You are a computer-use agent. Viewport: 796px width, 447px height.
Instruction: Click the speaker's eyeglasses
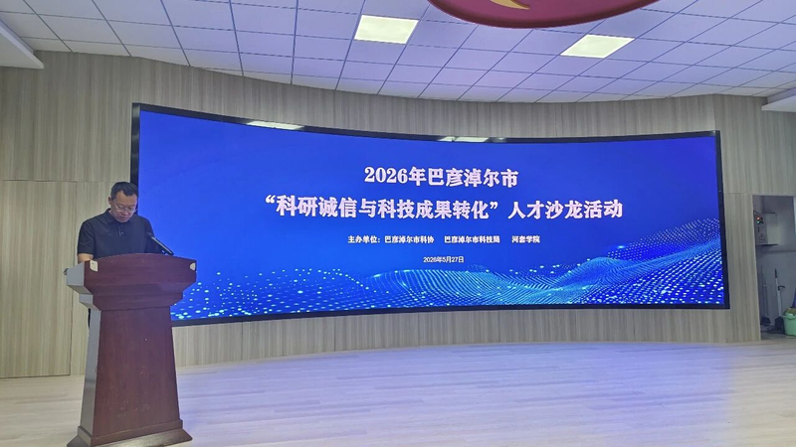[x=125, y=208]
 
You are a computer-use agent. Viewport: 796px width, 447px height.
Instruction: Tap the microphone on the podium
[x=160, y=243]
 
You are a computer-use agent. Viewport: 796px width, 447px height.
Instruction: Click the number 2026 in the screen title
[x=386, y=176]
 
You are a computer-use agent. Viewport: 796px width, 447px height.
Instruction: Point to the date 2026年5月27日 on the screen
[x=444, y=259]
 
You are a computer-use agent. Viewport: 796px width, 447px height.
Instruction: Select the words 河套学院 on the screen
[x=525, y=239]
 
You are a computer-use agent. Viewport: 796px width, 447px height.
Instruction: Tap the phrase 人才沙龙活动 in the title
[x=565, y=210]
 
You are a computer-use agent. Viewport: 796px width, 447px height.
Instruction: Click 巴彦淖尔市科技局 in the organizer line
[x=472, y=239]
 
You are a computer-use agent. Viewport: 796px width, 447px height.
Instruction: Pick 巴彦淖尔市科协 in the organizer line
[x=409, y=239]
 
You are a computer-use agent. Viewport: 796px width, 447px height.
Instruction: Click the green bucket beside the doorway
[x=789, y=324]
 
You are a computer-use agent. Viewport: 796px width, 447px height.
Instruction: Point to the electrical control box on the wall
[x=766, y=228]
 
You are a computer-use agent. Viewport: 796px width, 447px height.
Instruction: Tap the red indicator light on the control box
[x=759, y=220]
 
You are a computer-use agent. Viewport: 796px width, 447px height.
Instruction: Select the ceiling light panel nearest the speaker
[x=386, y=29]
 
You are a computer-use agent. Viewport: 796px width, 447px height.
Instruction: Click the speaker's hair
[x=124, y=191]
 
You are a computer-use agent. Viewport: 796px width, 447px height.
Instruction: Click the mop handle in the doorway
[x=777, y=295]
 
